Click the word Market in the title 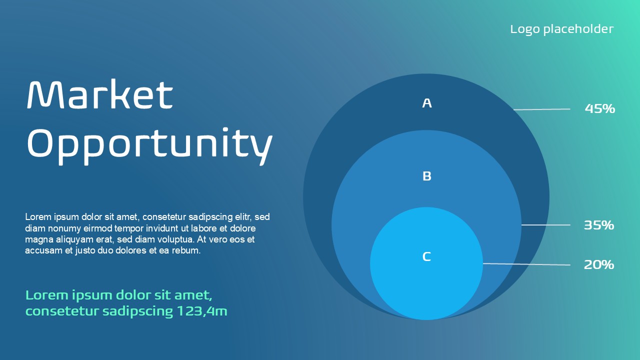click(100, 94)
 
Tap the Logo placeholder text click(561, 29)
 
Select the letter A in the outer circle click(427, 103)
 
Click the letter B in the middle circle click(427, 176)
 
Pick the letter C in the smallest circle click(426, 256)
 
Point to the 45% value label click(599, 108)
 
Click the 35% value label click(599, 225)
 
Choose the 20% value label click(599, 264)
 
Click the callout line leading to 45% click(541, 109)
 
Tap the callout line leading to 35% click(545, 225)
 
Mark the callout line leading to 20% click(526, 264)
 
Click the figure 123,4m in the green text click(202, 311)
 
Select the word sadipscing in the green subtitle click(137, 311)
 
